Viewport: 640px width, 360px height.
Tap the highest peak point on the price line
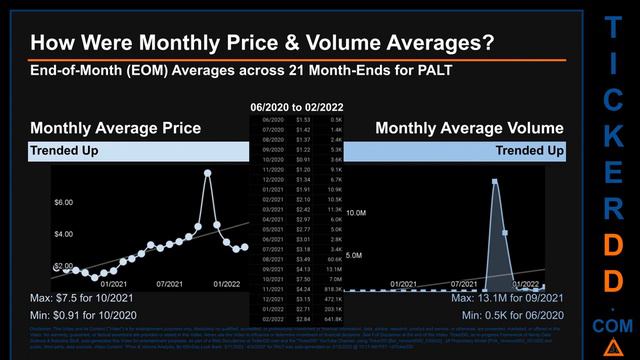(208, 173)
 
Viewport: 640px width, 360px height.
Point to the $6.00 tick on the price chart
(63, 203)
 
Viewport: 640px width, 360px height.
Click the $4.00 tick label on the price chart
(63, 234)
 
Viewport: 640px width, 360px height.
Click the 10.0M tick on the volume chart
(355, 214)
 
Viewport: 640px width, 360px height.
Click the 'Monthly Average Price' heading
(115, 128)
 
